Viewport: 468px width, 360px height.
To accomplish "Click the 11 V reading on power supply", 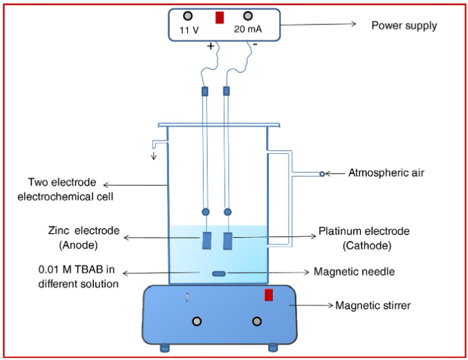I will point(189,30).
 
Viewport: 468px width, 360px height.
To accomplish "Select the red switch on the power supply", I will point(220,17).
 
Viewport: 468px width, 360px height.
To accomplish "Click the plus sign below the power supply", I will point(210,46).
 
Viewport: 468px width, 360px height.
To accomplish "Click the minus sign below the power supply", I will point(254,45).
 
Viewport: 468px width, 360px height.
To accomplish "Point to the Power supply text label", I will point(404,26).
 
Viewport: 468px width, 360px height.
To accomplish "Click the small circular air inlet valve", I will point(321,174).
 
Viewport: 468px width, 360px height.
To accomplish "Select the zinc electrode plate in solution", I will point(206,240).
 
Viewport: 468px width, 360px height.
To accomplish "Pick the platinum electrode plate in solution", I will point(228,240).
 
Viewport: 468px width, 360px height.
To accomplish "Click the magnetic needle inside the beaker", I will point(218,273).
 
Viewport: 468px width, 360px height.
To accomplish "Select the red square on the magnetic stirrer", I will point(268,295).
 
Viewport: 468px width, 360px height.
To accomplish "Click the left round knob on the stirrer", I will point(196,321).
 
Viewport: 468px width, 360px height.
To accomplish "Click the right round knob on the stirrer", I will point(256,321).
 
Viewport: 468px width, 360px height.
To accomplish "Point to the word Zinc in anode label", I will point(59,231).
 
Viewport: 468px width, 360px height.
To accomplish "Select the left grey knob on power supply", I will point(188,16).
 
